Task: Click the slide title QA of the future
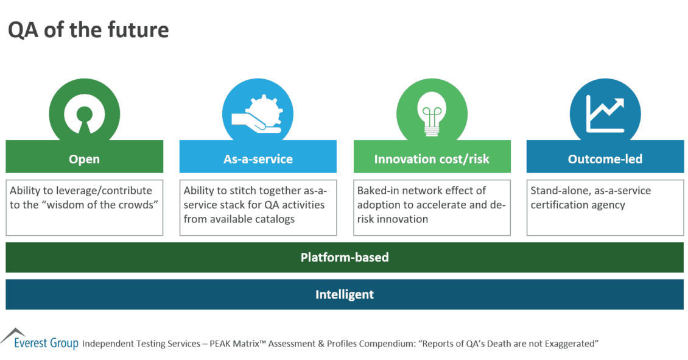pos(88,30)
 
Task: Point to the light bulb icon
pos(432,114)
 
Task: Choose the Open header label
pos(84,159)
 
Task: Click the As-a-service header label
pos(258,159)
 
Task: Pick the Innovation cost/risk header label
pos(432,159)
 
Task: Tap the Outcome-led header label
pos(605,159)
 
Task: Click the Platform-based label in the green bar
pos(345,257)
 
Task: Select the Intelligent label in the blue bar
pos(345,295)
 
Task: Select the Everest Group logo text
pos(46,343)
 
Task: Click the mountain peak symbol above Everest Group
pos(13,334)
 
